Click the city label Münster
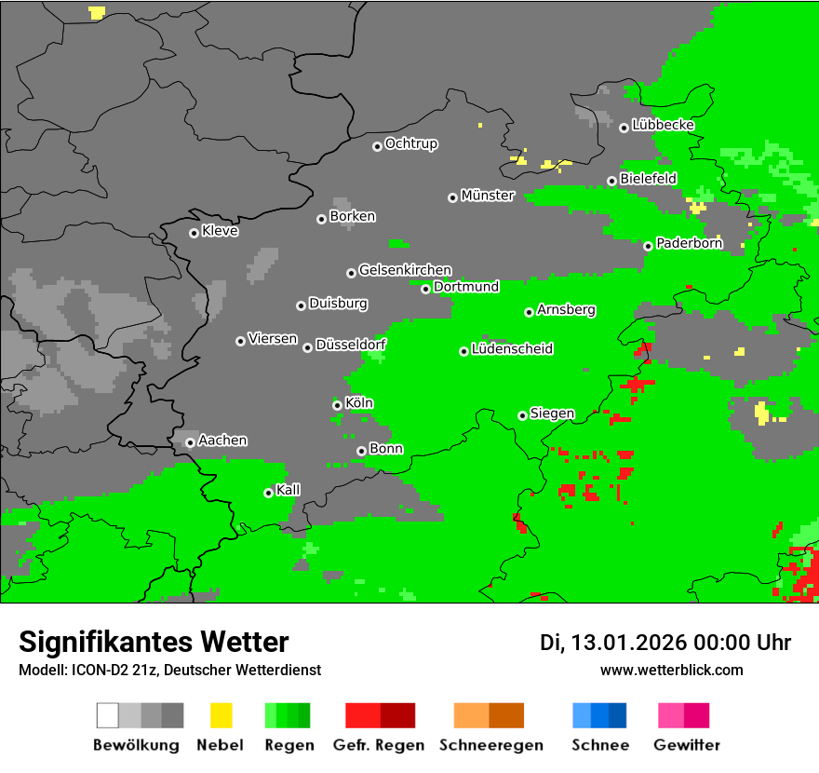tap(488, 196)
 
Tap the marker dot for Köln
tap(338, 405)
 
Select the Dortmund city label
tap(466, 287)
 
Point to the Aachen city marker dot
tap(191, 442)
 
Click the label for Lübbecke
tap(663, 125)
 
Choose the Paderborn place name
tap(689, 243)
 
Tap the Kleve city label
tap(220, 231)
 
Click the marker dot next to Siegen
tap(523, 415)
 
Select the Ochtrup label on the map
tap(410, 143)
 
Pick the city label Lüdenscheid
tap(512, 349)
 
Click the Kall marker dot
tap(269, 493)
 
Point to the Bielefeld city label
tap(648, 178)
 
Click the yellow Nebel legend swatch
tap(221, 715)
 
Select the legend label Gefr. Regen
tap(379, 745)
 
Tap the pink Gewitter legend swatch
tap(671, 715)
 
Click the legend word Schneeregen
tap(489, 745)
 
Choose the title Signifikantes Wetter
tap(154, 642)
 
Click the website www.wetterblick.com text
tap(671, 670)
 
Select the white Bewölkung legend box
tap(108, 715)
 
